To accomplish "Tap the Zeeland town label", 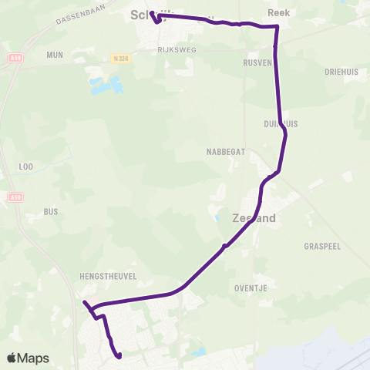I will pos(254,218).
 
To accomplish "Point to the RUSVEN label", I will pos(257,62).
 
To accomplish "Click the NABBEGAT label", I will pos(226,152).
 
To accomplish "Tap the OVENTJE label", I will pos(250,288).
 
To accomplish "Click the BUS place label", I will pos(51,211).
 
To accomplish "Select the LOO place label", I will pos(25,166).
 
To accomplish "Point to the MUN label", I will pos(54,55).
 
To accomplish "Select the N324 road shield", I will pos(119,57).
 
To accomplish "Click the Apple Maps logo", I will pos(28,358).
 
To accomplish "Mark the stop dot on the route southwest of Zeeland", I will pos(224,247).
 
